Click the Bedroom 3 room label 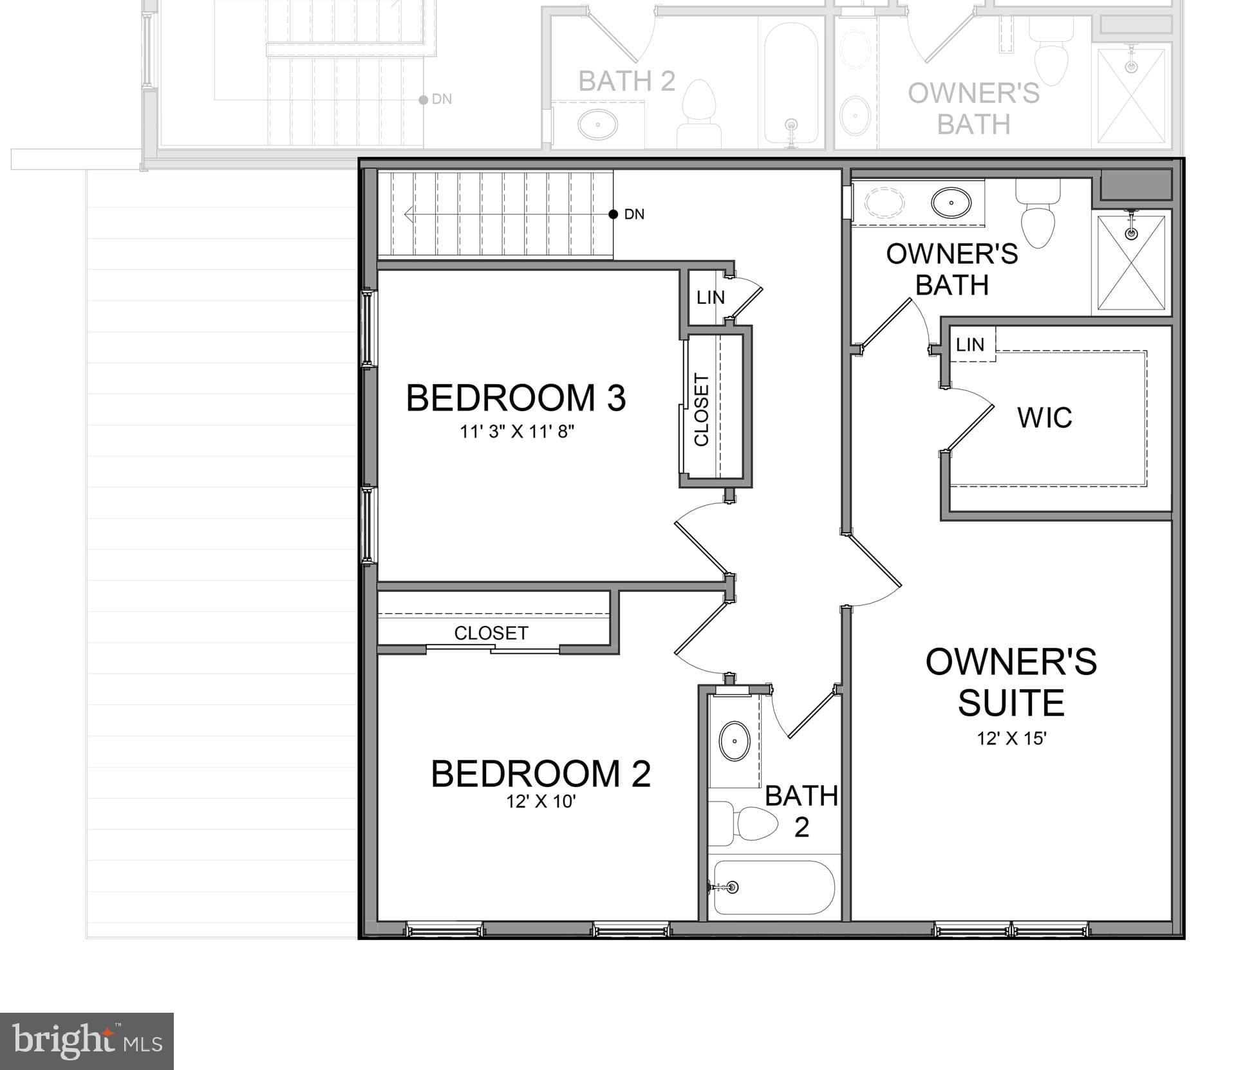tap(516, 398)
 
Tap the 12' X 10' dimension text tap(541, 802)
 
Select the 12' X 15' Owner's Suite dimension tap(1011, 738)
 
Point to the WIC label tap(1044, 418)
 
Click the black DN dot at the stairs tap(613, 214)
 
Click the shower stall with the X tap(1131, 263)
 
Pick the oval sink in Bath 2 tap(734, 741)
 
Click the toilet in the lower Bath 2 tap(750, 823)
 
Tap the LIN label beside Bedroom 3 tap(710, 298)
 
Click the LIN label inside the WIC tap(969, 345)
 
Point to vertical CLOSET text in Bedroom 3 tap(701, 410)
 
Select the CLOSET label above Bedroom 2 tap(491, 633)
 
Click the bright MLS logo tap(87, 1041)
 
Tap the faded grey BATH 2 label tap(626, 82)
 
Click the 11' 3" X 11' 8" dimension tap(516, 432)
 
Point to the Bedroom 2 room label tap(541, 773)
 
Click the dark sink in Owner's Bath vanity tap(951, 203)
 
